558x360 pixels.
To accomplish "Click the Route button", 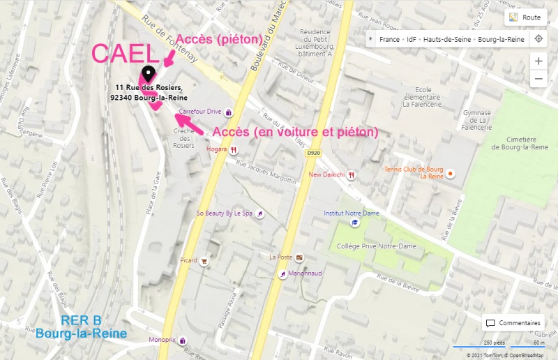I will click(525, 17).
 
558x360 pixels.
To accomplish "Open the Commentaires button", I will click(514, 323).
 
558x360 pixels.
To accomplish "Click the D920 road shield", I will click(313, 153).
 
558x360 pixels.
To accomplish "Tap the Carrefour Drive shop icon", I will click(228, 112).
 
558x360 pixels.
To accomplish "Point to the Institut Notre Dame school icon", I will click(354, 222).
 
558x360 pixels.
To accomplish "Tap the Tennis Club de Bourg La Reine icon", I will click(451, 173).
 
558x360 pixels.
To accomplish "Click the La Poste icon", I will click(299, 257).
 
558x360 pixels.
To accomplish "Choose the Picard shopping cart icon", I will click(204, 261).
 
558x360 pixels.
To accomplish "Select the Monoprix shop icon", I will click(182, 340).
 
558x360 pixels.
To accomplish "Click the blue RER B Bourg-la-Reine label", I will click(82, 327).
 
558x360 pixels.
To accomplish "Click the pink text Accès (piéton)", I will click(218, 39).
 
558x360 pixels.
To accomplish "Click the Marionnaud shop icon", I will click(282, 273).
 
